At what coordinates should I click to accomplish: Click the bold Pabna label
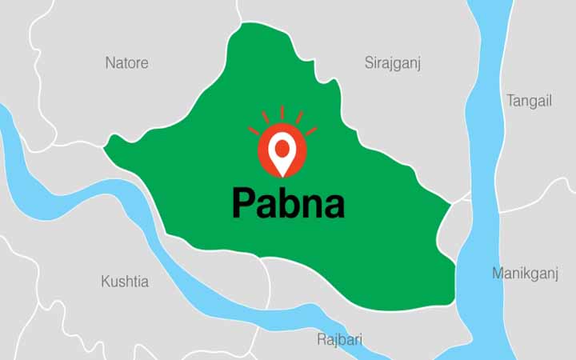click(x=288, y=203)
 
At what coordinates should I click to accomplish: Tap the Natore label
click(x=126, y=62)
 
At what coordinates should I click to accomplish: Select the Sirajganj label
click(x=393, y=62)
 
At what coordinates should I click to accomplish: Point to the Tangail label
click(x=529, y=101)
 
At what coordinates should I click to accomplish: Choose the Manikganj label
click(x=525, y=274)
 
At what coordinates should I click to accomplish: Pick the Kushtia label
click(x=124, y=282)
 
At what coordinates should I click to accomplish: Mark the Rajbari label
click(x=339, y=339)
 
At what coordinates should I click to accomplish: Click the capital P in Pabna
click(x=242, y=203)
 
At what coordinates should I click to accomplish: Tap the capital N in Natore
click(x=110, y=62)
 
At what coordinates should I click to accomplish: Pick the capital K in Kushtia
click(x=106, y=282)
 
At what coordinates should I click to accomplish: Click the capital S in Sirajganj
click(x=370, y=62)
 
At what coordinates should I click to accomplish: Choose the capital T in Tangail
click(x=511, y=101)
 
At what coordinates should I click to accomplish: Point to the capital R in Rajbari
click(x=322, y=339)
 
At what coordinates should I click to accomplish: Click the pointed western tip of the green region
click(x=106, y=147)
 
